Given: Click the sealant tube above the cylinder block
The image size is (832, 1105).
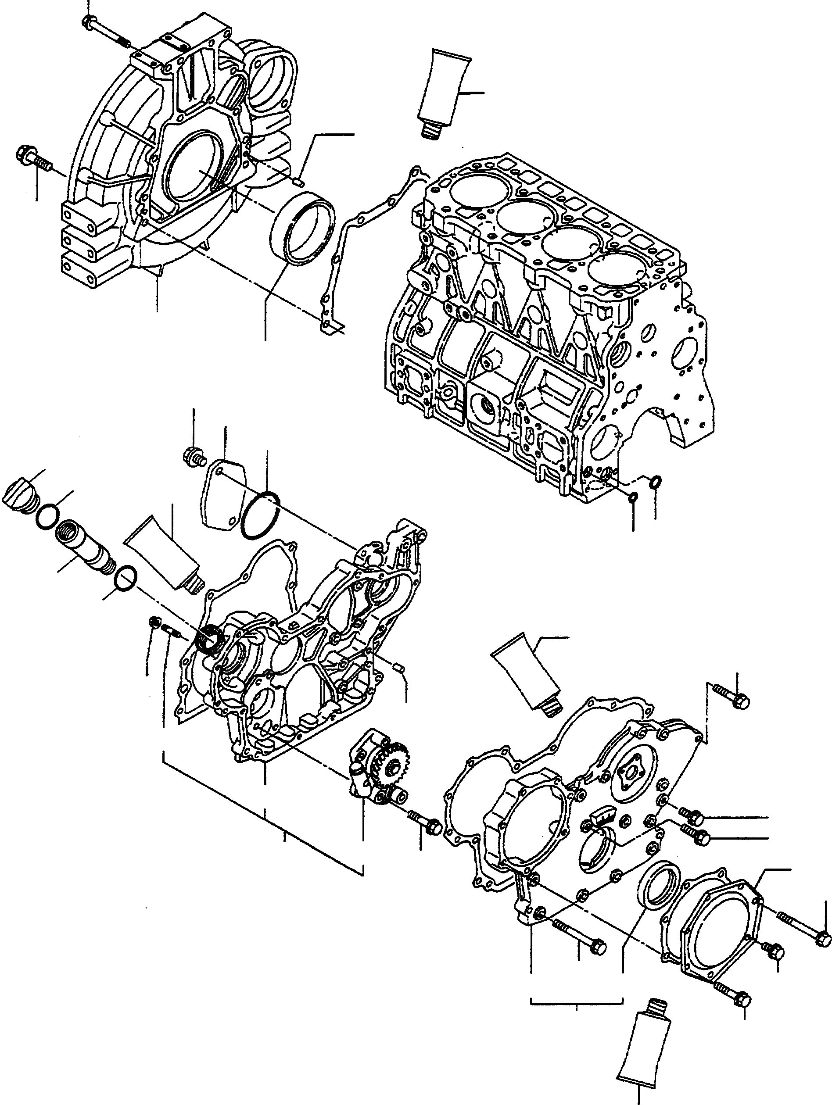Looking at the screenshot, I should click(445, 93).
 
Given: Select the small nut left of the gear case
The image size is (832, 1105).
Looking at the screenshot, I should click(154, 622).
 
